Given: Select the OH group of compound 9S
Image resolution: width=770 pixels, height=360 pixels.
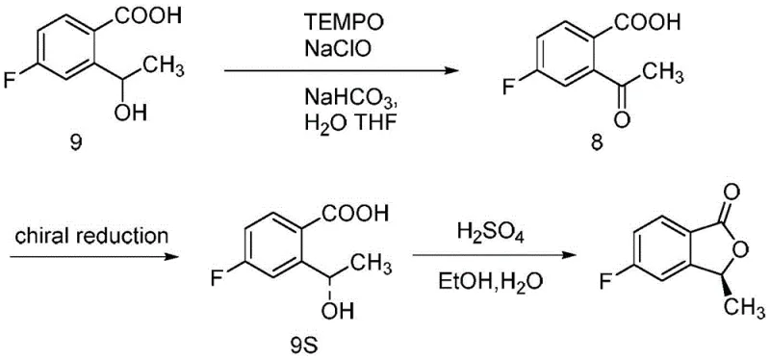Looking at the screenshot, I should click(x=344, y=310).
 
